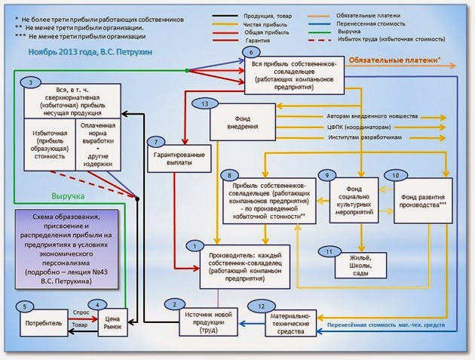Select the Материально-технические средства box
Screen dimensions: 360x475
(x=289, y=322)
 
